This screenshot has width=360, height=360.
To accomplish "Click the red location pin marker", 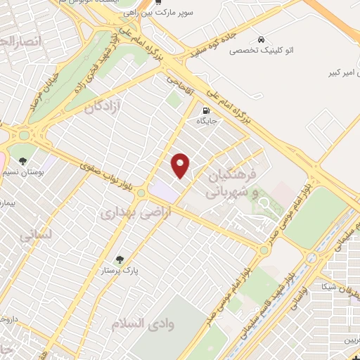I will pos(181,165).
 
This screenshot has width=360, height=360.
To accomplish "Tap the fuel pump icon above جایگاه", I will pos(206,110).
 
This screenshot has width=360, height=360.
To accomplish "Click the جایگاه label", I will pos(206,122).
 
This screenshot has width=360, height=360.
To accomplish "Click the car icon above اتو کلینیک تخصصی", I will pos(262,39).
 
